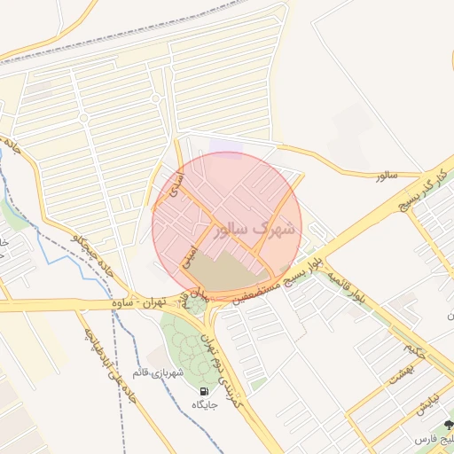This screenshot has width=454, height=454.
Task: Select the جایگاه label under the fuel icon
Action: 206,405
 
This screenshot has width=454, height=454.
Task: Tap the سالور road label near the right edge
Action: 383,176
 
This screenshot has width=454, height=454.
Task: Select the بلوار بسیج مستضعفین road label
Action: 275,286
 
